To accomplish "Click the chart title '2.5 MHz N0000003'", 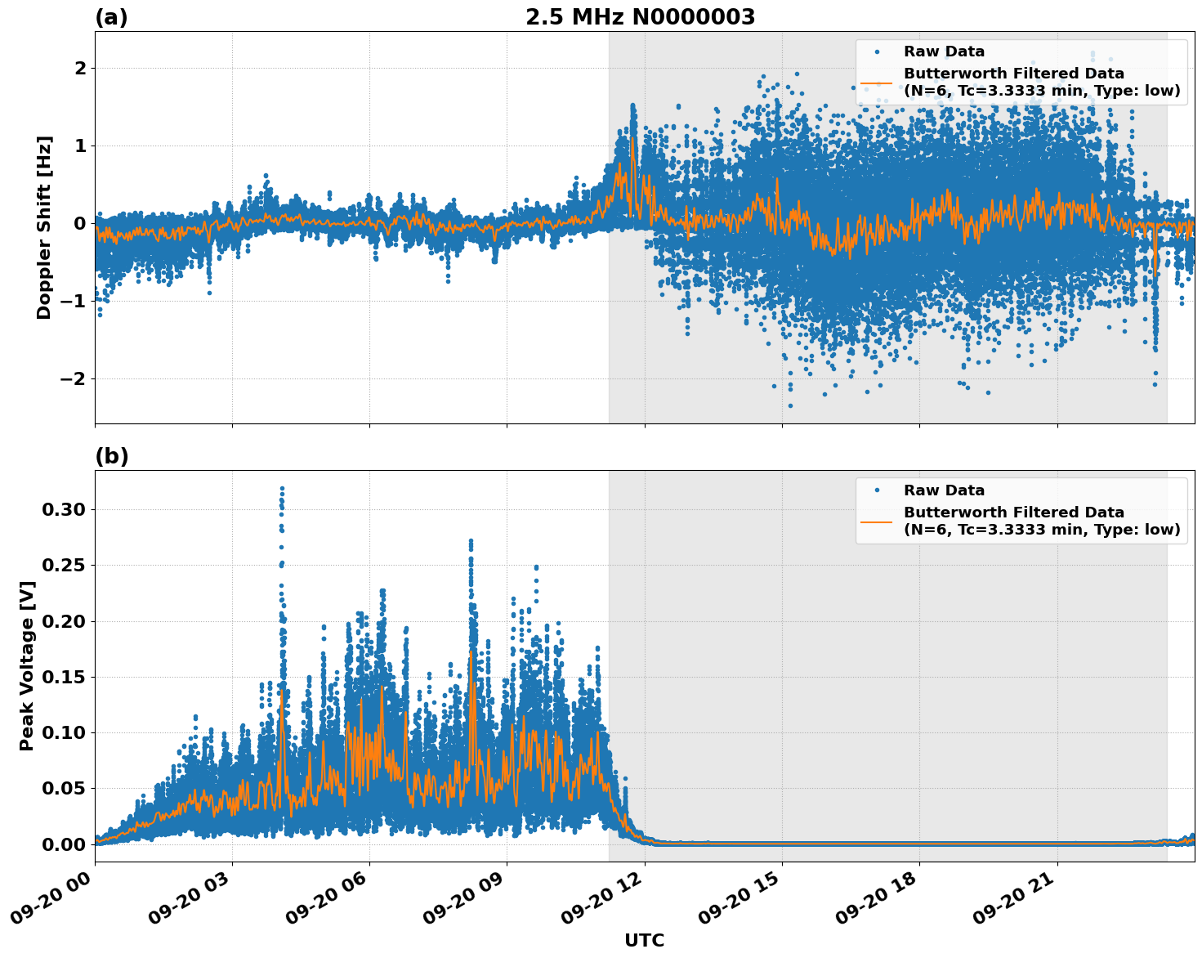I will pyautogui.click(x=640, y=17).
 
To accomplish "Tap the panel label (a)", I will pyautogui.click(x=111, y=17).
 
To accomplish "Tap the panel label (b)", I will pyautogui.click(x=111, y=456).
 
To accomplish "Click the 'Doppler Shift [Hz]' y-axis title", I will pyautogui.click(x=44, y=227).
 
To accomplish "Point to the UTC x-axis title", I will pyautogui.click(x=644, y=940).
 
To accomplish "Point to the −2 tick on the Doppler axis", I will pyautogui.click(x=74, y=378).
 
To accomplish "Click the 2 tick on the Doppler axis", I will pyautogui.click(x=80, y=68).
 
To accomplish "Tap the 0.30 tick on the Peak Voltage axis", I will pyautogui.click(x=63, y=509).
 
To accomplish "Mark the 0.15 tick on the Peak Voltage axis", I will pyautogui.click(x=63, y=677).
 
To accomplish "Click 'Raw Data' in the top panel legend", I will pyautogui.click(x=944, y=51).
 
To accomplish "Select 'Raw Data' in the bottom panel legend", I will pyautogui.click(x=944, y=490).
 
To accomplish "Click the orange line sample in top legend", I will pyautogui.click(x=876, y=83).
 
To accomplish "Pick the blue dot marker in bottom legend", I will pyautogui.click(x=876, y=490).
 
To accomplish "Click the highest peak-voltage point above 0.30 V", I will pyautogui.click(x=282, y=488).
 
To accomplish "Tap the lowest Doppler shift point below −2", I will pyautogui.click(x=790, y=405).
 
